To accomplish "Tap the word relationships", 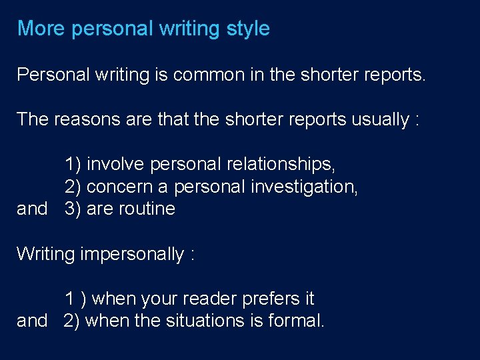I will tap(281, 164).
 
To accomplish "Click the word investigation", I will tap(304, 187).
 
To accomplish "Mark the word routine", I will tap(147, 209).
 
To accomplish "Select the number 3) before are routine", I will tap(72, 209).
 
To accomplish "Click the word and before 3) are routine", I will tap(32, 209).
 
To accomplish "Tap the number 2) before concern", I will tap(72, 187).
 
